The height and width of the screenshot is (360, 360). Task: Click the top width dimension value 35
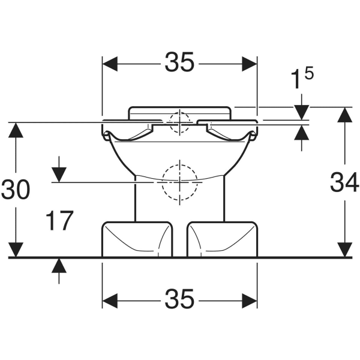pyautogui.click(x=179, y=62)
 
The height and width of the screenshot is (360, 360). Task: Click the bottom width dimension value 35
pyautogui.click(x=179, y=299)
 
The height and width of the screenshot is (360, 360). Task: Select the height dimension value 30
pyautogui.click(x=16, y=190)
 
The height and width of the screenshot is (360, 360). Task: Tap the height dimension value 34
pyautogui.click(x=344, y=182)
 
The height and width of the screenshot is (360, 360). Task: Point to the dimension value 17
pyautogui.click(x=59, y=220)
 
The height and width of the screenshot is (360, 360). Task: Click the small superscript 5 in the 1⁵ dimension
pyautogui.click(x=309, y=73)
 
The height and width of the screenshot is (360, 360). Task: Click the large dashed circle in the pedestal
pyautogui.click(x=179, y=182)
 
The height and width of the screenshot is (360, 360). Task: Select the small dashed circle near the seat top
pyautogui.click(x=179, y=122)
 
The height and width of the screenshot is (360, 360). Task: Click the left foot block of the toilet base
pyautogui.click(x=137, y=239)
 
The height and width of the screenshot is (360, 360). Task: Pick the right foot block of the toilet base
pyautogui.click(x=222, y=239)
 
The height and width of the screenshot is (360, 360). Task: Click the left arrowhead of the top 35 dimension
pyautogui.click(x=110, y=64)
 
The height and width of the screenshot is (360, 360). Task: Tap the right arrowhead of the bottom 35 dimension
pyautogui.click(x=250, y=301)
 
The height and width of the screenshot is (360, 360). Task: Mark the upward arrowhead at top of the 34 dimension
pyautogui.click(x=344, y=115)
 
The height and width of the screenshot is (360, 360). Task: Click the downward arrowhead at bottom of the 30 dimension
pyautogui.click(x=16, y=250)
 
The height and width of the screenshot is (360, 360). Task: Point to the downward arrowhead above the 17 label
pyautogui.click(x=59, y=175)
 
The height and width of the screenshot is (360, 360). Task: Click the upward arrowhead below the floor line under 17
pyautogui.click(x=59, y=266)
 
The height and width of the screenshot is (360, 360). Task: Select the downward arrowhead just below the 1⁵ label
pyautogui.click(x=301, y=112)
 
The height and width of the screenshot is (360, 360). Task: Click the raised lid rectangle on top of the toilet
pyautogui.click(x=179, y=113)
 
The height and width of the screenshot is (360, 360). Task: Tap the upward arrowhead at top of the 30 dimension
pyautogui.click(x=16, y=130)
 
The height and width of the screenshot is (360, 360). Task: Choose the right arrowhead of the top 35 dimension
pyautogui.click(x=250, y=64)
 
